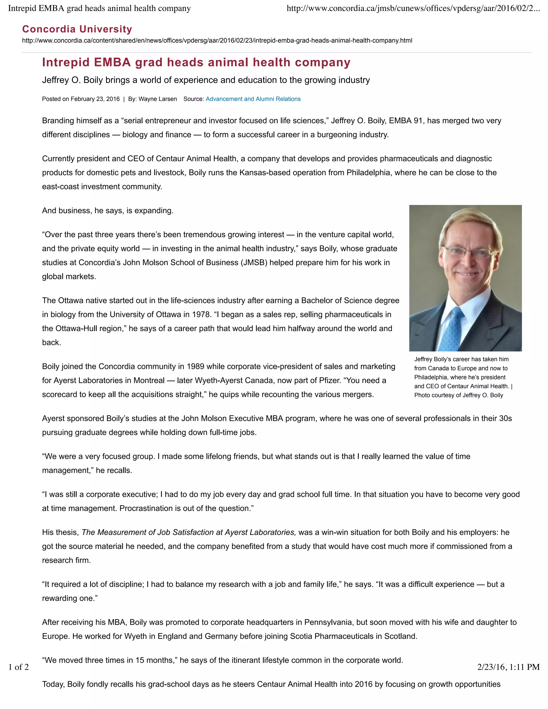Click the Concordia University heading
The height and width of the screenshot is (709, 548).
pos(77,29)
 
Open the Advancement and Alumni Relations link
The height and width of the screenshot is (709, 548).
pos(253,99)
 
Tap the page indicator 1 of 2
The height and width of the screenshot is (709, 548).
pos(18,667)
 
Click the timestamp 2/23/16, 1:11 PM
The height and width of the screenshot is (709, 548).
pos(508,667)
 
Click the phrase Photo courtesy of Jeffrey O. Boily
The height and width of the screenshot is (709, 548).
pos(458,395)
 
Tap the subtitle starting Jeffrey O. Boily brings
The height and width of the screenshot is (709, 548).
pos(206,80)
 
